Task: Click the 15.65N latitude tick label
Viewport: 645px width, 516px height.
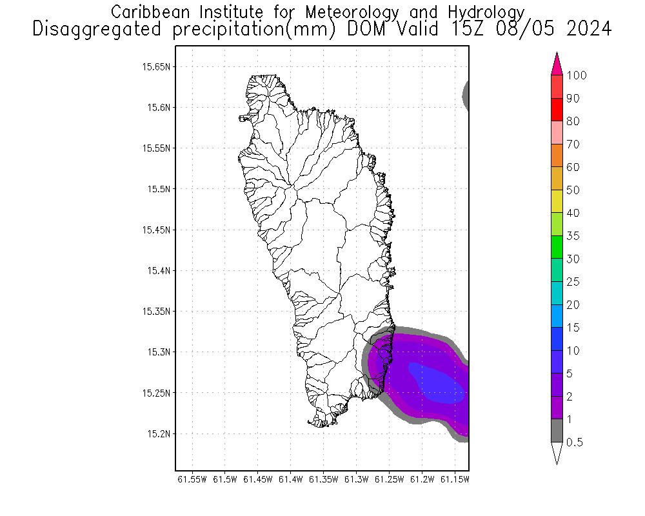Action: pyautogui.click(x=157, y=66)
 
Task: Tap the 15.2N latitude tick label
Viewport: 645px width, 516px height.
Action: pyautogui.click(x=159, y=433)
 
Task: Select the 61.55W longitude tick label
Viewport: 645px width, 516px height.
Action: pyautogui.click(x=192, y=479)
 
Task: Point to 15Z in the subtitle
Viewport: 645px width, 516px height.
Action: pyautogui.click(x=467, y=30)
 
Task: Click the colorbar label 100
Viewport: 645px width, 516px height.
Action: pyautogui.click(x=577, y=75)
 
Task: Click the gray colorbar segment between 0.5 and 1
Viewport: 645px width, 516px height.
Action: pyautogui.click(x=558, y=431)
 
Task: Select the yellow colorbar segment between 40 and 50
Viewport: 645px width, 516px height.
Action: pyautogui.click(x=558, y=201)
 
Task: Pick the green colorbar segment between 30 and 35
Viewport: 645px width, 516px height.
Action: pyautogui.click(x=558, y=247)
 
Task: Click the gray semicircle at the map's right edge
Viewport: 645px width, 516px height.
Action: pyautogui.click(x=466, y=95)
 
